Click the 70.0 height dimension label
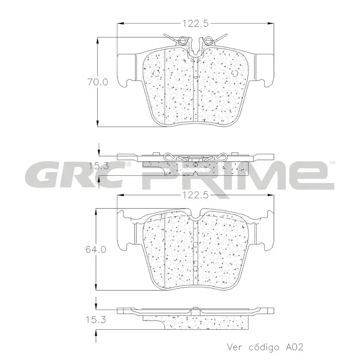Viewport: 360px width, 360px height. pos(97,83)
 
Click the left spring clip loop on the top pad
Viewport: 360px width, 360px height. pos(182,40)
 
